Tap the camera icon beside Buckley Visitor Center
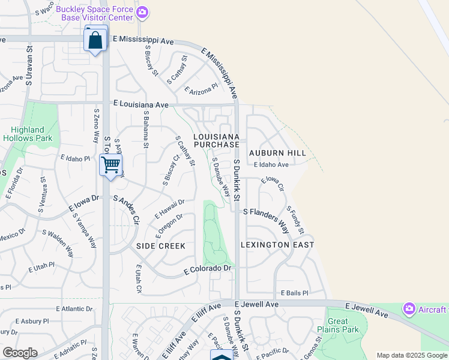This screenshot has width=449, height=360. [x=142, y=12]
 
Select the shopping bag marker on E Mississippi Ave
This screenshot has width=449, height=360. [x=96, y=41]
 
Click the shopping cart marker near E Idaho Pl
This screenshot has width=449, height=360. [x=111, y=164]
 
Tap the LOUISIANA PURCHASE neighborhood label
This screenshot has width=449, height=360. [x=216, y=141]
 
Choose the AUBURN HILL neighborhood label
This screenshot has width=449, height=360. [x=277, y=153]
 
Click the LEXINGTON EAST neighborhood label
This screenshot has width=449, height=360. [x=277, y=245]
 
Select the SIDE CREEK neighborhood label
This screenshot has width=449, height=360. [x=161, y=246]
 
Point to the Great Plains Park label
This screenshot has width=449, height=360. [x=338, y=325]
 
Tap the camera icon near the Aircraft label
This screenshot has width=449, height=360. [x=409, y=309]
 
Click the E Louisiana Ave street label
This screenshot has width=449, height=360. [x=140, y=104]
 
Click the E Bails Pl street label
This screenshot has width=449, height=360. [x=294, y=293]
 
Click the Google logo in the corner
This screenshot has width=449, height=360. [x=20, y=353]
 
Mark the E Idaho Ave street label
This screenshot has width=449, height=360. [x=271, y=164]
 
